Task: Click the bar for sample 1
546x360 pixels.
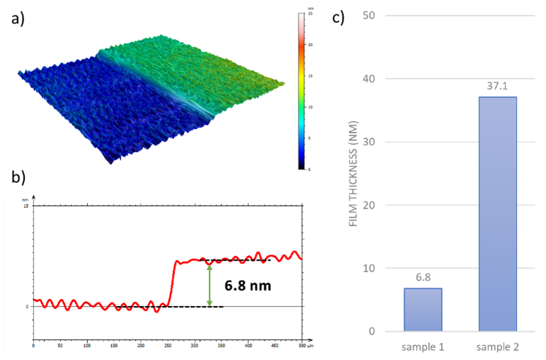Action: click(423, 310)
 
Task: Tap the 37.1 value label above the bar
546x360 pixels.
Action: click(498, 86)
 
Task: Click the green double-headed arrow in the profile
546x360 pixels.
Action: click(209, 283)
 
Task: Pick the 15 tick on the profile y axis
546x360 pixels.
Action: click(26, 206)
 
